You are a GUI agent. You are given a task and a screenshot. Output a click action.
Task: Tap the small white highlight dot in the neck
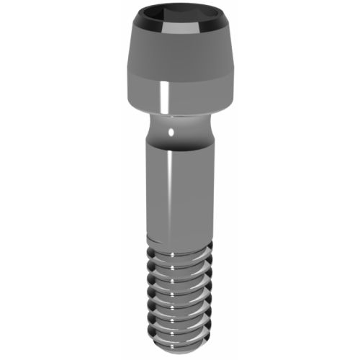tap(171, 132)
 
